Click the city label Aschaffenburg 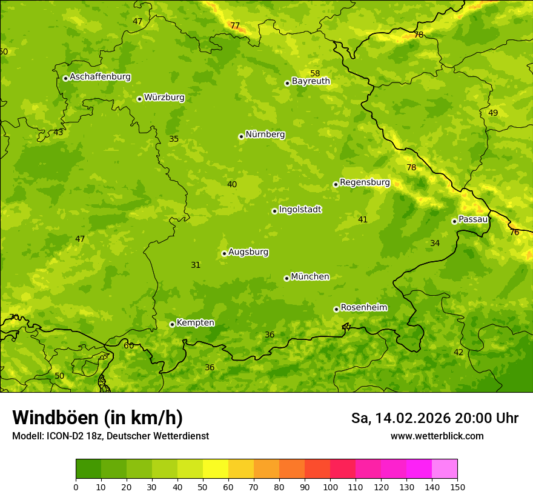100,77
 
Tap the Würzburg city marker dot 139,99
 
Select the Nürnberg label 265,135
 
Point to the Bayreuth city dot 287,83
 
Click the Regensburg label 365,182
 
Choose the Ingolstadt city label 300,210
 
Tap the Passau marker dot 454,221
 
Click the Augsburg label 248,252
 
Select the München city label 310,277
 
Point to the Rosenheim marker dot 336,309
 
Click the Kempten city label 195,323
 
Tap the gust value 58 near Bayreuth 315,73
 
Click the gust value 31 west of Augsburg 196,265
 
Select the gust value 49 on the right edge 493,113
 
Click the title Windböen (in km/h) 97,418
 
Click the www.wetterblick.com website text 437,436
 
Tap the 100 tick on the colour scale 330,487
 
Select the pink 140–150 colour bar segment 445,468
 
